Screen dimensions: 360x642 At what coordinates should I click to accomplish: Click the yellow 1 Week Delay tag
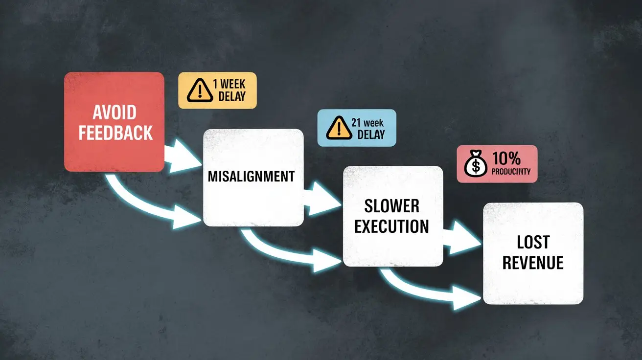tap(217, 90)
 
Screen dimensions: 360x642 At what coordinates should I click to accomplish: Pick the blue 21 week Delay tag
tap(356, 128)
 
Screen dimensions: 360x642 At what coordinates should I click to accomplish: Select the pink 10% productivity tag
tap(497, 164)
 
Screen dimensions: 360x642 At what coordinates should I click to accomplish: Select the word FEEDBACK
tap(115, 133)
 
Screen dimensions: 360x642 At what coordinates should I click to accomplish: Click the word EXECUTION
tap(392, 226)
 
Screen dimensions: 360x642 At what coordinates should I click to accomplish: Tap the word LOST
tap(533, 242)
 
